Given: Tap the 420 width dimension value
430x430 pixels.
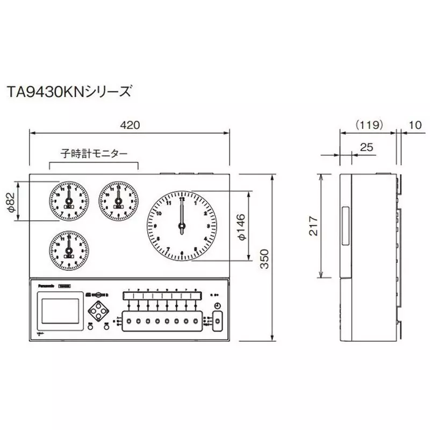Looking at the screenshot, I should point(130,125).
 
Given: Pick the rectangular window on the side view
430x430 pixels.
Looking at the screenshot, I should point(345,225).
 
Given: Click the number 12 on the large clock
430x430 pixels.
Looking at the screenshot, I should point(182,199).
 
